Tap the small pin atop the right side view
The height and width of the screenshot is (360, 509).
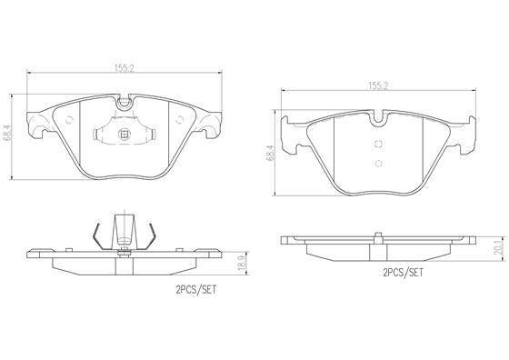[x=377, y=233]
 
